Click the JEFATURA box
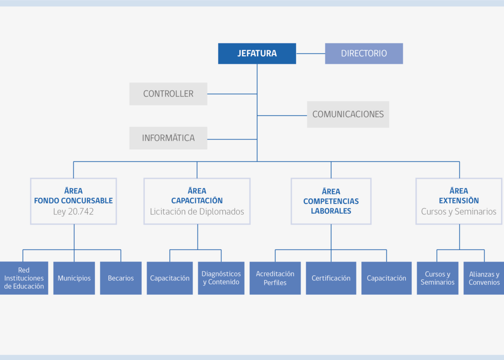(257, 54)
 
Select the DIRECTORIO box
(364, 54)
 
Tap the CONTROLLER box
(168, 94)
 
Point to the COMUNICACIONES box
(348, 114)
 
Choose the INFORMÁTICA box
(168, 138)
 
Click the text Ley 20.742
(73, 211)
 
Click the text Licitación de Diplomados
(197, 211)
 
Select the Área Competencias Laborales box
(331, 201)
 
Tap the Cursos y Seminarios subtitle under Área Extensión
(459, 211)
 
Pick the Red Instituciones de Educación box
(24, 278)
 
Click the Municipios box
(74, 278)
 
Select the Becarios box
(121, 278)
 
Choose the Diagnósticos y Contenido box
(221, 278)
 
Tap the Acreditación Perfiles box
(275, 278)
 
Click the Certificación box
(331, 278)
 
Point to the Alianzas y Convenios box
(484, 278)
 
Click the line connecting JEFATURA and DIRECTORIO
(310, 54)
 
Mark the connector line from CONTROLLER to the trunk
(232, 94)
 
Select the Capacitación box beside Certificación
(387, 278)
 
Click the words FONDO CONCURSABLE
(73, 201)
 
